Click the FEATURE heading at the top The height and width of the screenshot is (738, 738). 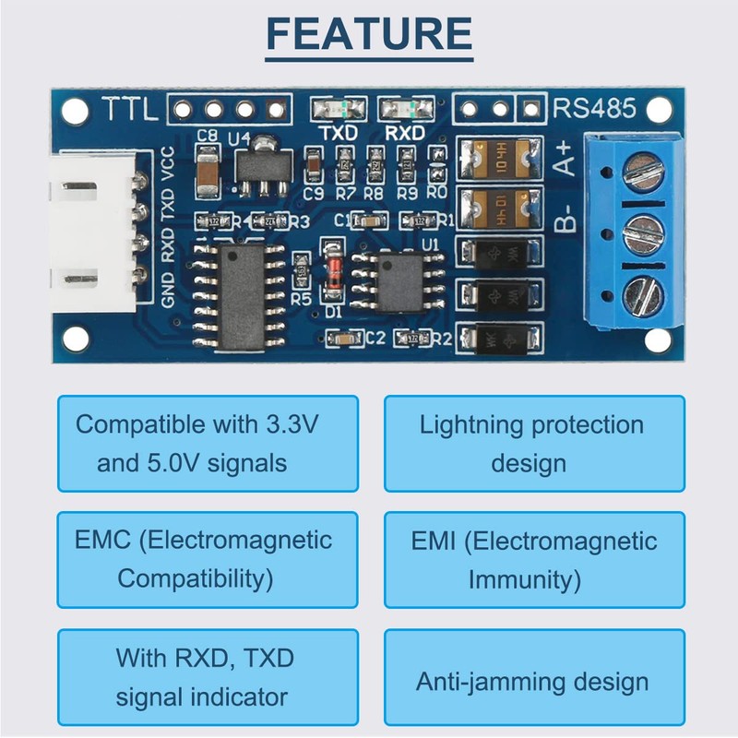click(369, 34)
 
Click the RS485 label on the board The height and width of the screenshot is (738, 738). click(595, 109)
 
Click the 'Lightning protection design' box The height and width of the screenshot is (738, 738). click(534, 444)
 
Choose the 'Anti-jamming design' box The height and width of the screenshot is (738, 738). click(534, 682)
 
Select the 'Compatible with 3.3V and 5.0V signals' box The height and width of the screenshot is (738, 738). click(208, 444)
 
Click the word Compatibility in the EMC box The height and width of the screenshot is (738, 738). click(196, 580)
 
